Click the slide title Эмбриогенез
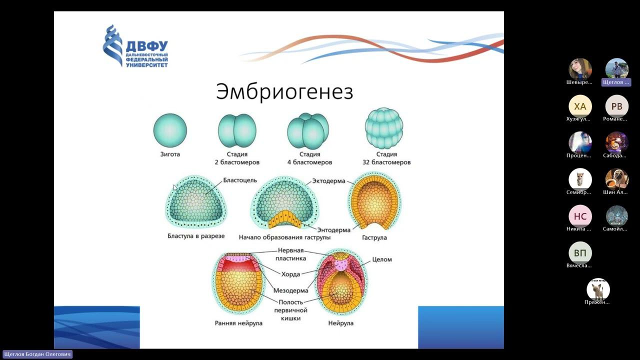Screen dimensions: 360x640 (x=284, y=92)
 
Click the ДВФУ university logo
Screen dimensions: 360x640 (x=135, y=46)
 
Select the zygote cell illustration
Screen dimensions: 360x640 (x=170, y=130)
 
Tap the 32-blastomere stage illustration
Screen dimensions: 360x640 (x=384, y=128)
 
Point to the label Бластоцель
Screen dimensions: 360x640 (x=240, y=180)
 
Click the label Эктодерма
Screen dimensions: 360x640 (x=328, y=181)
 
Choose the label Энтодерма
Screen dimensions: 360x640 (x=334, y=230)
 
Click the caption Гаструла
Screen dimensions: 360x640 (x=374, y=238)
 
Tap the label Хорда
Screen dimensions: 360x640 (x=290, y=274)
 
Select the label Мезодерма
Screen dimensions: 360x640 (x=290, y=290)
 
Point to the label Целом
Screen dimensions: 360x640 (x=382, y=259)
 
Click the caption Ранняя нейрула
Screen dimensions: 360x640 (x=238, y=323)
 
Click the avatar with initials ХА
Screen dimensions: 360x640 (x=580, y=106)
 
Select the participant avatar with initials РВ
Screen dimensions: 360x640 (x=616, y=106)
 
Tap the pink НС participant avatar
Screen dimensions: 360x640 (x=580, y=216)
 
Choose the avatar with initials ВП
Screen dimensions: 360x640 (x=580, y=253)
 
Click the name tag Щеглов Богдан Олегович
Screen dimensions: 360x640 (x=37, y=354)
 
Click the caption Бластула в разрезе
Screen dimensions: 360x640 (x=196, y=236)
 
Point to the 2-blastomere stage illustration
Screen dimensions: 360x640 (x=237, y=130)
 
